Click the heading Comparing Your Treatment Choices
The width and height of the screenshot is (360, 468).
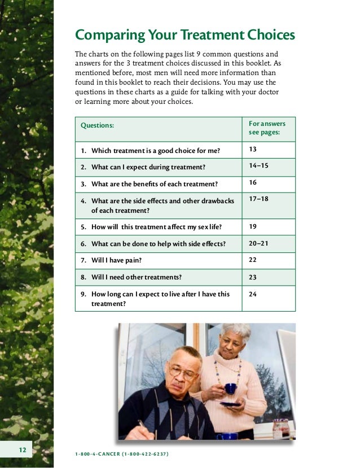[185, 36]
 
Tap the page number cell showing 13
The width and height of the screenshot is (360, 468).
[253, 150]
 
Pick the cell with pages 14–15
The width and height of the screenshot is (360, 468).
[258, 167]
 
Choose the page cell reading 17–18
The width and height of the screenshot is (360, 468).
[258, 199]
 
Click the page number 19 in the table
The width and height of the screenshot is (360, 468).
[253, 226]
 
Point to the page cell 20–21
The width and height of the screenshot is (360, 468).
[258, 243]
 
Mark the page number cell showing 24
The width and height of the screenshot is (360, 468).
[253, 294]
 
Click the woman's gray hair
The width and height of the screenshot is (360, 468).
[235, 333]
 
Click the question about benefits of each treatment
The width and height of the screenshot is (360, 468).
[154, 184]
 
